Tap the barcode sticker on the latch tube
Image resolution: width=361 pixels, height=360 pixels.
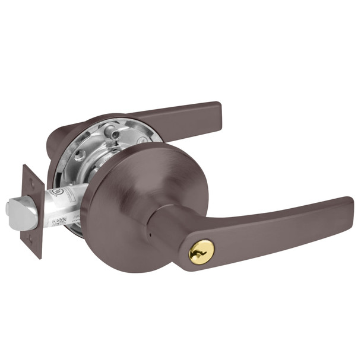pos(57,222)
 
